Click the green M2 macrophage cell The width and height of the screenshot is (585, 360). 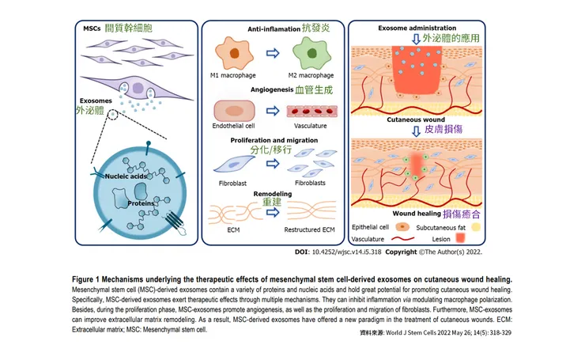(x=310, y=56)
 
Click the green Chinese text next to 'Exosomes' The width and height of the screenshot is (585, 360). (x=95, y=112)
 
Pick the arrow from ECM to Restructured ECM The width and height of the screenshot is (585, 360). (x=271, y=214)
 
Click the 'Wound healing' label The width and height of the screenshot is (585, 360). (x=420, y=214)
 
